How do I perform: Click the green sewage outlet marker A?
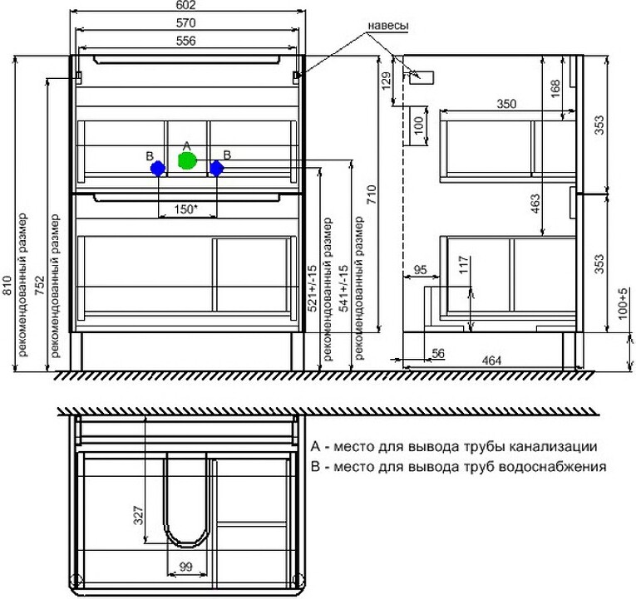187,160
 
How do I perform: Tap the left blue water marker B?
158,169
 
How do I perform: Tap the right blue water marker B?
217,169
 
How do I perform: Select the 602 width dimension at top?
186,5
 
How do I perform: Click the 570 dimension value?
186,23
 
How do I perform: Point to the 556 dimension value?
186,41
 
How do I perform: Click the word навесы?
388,25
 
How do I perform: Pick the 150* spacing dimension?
185,209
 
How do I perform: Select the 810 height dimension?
7,286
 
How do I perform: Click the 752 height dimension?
39,286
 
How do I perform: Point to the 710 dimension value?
372,194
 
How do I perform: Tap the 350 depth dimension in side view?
506,104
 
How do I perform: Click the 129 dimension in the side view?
386,81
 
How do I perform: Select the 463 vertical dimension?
535,204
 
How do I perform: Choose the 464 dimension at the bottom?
491,361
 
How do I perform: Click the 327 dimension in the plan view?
139,515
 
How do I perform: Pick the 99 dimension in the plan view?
185,566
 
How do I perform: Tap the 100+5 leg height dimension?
623,303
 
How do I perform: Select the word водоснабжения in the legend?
552,466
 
